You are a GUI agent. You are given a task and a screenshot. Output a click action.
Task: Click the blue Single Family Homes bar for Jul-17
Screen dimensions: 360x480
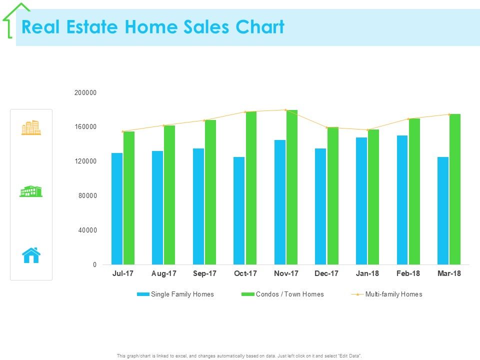click(x=117, y=208)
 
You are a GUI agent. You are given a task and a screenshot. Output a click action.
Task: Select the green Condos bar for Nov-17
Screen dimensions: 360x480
click(x=291, y=187)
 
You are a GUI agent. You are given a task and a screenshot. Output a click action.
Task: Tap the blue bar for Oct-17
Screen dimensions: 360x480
click(x=239, y=210)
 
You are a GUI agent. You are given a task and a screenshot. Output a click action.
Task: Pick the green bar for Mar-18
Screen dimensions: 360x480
click(x=454, y=189)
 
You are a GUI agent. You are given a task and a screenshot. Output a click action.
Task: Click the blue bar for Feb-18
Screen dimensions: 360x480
click(x=402, y=200)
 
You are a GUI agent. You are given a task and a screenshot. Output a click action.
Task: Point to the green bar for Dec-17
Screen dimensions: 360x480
click(x=332, y=195)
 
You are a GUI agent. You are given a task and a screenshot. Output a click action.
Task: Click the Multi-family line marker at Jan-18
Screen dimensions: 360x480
click(x=367, y=130)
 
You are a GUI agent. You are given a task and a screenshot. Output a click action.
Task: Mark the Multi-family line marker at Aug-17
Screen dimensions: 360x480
click(x=163, y=125)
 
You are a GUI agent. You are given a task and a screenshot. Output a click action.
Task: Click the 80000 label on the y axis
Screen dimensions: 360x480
click(x=87, y=196)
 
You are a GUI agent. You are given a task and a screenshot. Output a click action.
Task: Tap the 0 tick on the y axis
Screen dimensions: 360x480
click(x=94, y=265)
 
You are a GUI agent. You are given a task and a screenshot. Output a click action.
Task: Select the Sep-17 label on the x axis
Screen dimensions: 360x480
click(x=204, y=274)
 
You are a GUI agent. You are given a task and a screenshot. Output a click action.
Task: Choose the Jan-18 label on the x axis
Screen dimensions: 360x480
click(x=367, y=274)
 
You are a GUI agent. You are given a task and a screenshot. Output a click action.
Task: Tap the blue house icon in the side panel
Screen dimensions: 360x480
click(x=31, y=255)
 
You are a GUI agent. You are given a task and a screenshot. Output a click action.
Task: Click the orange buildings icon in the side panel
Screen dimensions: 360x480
click(x=31, y=128)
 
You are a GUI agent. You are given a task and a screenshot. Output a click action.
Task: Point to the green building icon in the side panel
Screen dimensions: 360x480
click(x=31, y=191)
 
